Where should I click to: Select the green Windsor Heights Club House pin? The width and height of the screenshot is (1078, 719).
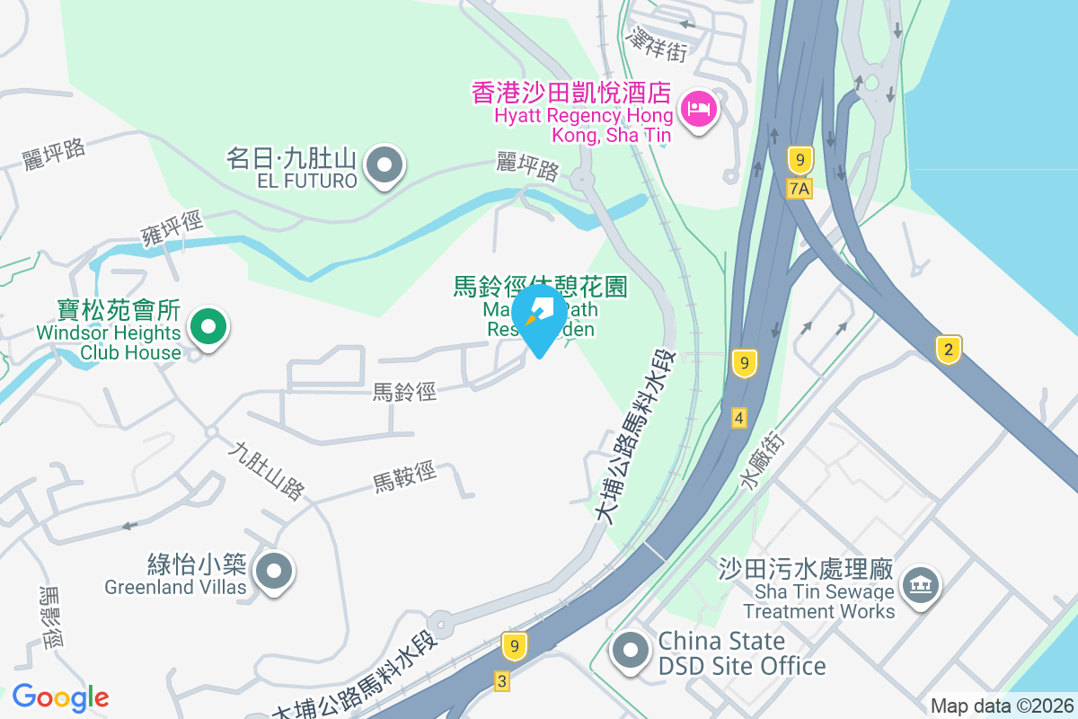[x=208, y=326]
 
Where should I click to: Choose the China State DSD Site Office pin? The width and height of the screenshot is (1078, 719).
[x=630, y=651]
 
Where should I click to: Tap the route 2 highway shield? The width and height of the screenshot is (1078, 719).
[x=948, y=349]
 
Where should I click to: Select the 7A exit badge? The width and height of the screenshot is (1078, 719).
[x=799, y=188]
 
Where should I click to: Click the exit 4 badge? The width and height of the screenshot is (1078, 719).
[x=739, y=418]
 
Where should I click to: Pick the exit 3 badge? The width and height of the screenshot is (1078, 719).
[x=502, y=680]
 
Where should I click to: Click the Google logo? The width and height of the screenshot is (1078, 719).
[x=60, y=697]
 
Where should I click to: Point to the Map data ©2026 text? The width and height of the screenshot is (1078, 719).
[x=1001, y=706]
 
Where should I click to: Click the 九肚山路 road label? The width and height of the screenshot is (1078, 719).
[x=266, y=470]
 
